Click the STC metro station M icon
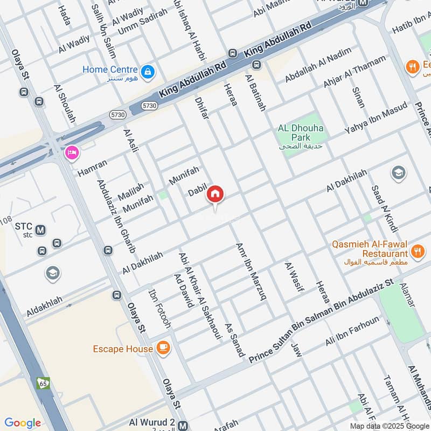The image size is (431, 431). coord(40,230)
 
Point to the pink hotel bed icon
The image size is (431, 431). coord(71,154)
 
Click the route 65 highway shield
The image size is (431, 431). coord(43,383)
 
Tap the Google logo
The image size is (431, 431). coord(23,423)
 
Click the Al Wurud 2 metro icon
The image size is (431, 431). coord(183,424)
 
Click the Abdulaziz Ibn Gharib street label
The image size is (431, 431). coord(116,216)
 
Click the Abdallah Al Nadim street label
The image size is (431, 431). coord(318,65)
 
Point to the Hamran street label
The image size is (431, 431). coord(92,168)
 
